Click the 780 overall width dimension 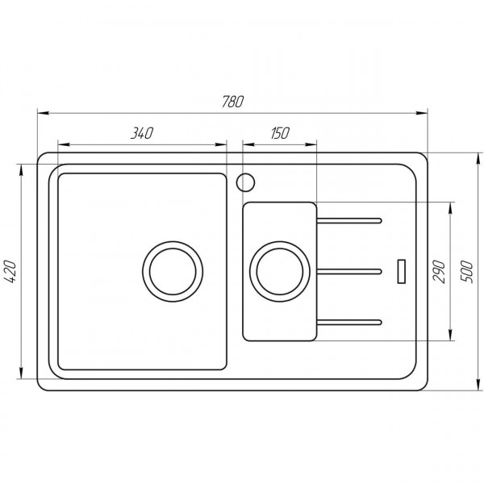(x=232, y=102)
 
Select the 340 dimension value (x=142, y=133)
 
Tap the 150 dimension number (x=280, y=133)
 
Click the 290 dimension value (x=439, y=269)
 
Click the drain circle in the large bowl (x=170, y=269)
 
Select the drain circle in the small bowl (x=278, y=269)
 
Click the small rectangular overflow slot (x=401, y=269)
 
